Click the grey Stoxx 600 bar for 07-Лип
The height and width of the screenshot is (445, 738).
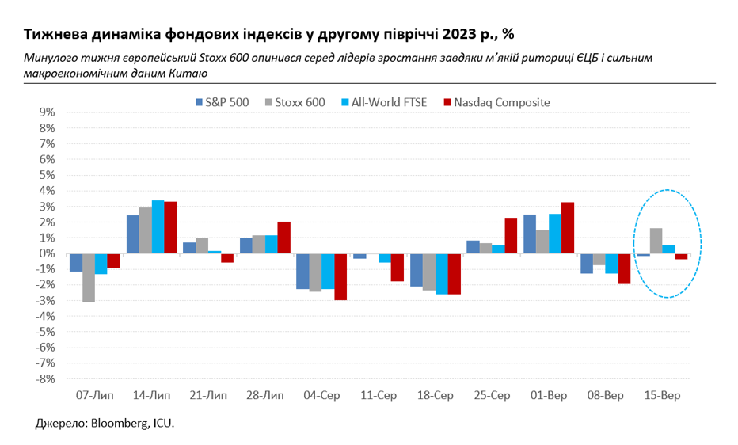89,277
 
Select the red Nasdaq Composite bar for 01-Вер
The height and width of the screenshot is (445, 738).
568,228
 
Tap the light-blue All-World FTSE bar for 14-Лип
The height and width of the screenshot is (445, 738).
158,226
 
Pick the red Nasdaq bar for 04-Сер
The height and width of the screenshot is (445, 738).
340,276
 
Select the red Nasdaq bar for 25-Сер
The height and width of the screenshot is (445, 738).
511,235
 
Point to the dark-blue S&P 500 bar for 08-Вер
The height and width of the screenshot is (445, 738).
586,263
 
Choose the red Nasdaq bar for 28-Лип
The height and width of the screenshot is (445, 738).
283,238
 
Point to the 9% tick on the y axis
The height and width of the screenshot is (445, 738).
46,112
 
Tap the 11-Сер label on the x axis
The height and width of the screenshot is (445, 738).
379,394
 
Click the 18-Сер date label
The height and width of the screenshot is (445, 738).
436,394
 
